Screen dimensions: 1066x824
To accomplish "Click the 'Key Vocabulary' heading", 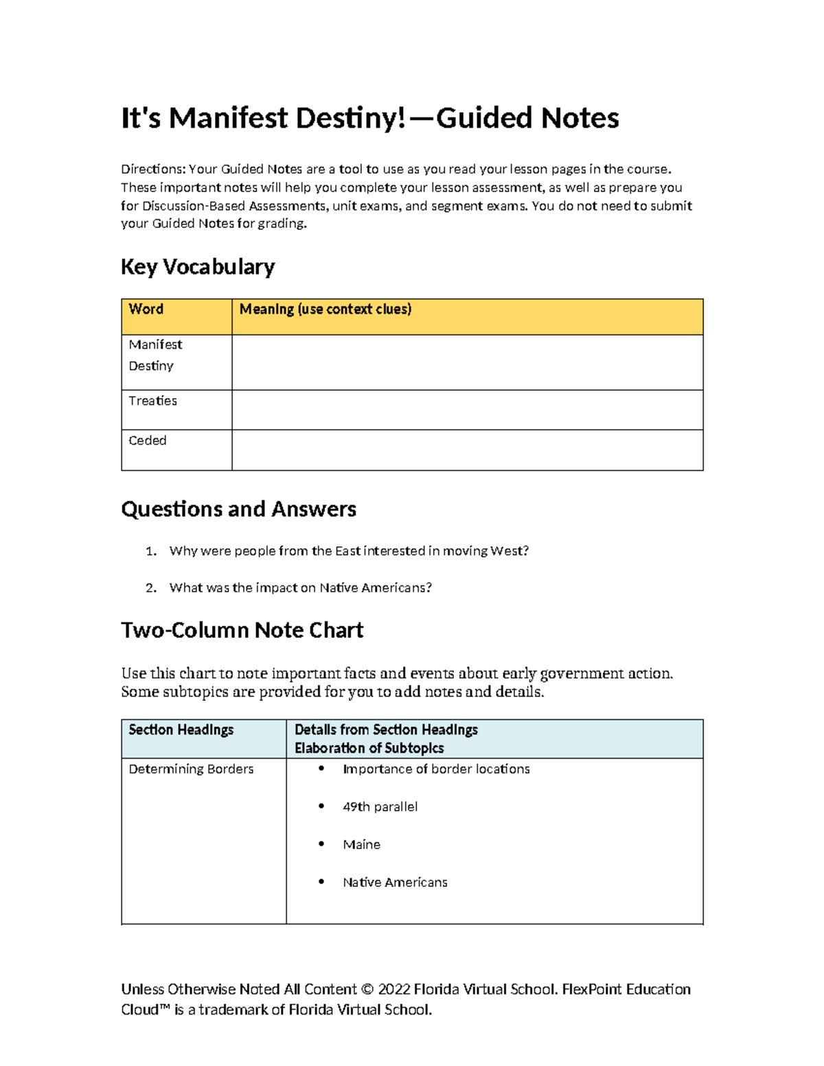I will [198, 267].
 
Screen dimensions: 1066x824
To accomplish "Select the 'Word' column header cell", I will [146, 310].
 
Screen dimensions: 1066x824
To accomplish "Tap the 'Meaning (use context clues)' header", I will [325, 310].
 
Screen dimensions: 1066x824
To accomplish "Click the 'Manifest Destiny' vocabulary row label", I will [155, 355].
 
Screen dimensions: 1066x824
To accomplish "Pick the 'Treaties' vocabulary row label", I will [152, 401].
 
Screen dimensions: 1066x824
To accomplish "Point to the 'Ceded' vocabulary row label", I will [148, 441].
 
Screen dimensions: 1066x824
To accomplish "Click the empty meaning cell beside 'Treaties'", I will [467, 410].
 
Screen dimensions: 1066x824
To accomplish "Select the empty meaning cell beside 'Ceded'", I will [467, 450].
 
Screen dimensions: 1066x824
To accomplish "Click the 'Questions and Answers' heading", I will [238, 509].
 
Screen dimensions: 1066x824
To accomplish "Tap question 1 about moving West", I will [349, 551].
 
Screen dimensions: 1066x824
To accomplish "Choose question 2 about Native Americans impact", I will [300, 588].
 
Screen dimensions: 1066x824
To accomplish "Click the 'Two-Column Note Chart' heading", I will [242, 630].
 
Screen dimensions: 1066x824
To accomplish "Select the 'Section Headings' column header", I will [181, 730].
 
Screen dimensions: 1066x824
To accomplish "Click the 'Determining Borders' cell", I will [191, 769].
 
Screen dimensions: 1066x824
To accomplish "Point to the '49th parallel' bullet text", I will [380, 807].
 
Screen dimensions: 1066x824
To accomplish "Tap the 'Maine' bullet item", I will [361, 845].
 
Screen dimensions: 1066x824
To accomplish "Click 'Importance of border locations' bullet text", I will [436, 769].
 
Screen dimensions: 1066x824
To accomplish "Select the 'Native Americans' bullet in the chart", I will [395, 883].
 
